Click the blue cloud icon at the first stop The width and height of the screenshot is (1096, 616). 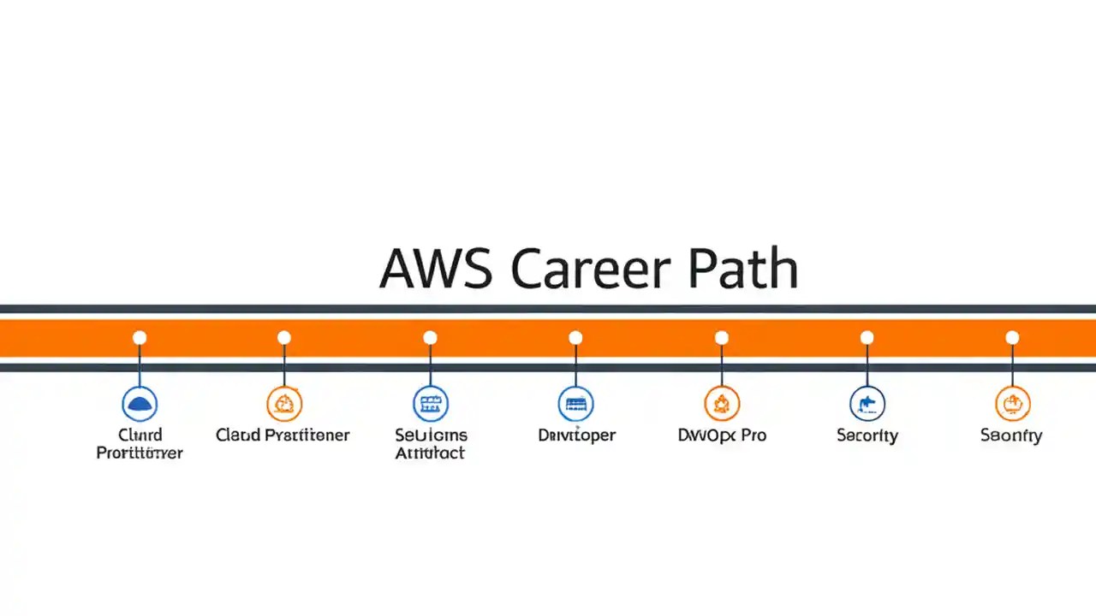coord(140,403)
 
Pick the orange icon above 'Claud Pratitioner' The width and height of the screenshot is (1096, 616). coord(284,403)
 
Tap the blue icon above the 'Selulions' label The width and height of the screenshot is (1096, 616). coord(431,403)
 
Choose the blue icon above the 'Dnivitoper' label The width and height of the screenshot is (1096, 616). coord(576,403)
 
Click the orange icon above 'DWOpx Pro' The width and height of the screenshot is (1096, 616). coord(722,403)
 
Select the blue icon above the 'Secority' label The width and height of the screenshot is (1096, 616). coord(867,403)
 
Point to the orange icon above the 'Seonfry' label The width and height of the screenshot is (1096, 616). coord(1013,403)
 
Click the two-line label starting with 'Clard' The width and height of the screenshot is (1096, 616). coord(140,444)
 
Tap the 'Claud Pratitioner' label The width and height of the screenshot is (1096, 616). coord(283,435)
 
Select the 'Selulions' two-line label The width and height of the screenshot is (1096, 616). coord(431,444)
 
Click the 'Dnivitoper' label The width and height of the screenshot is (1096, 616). coord(576,435)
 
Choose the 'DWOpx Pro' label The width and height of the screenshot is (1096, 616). coord(722,435)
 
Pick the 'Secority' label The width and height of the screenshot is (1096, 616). coord(867,435)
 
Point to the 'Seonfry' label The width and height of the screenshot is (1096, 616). coord(1011,435)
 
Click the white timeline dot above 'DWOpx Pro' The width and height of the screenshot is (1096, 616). coord(722,338)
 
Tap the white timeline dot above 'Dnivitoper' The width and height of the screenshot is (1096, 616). coord(576,338)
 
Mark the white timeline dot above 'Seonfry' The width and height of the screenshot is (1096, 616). coord(1013,338)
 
